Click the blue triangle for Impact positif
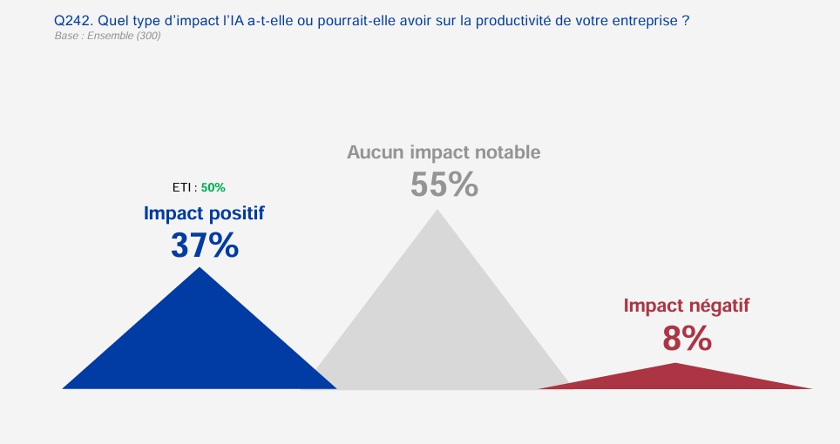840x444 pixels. point(200,342)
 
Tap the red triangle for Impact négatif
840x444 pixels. point(675,379)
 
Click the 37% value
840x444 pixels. point(205,246)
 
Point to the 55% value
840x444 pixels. point(444,185)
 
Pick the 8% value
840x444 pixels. point(687,339)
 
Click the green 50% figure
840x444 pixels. point(213,188)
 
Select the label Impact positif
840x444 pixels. point(204,213)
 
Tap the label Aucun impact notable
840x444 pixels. point(444,152)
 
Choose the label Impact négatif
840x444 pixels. point(687,306)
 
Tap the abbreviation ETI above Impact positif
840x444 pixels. point(181,188)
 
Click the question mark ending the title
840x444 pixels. point(686,21)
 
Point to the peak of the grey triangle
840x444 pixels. point(437,209)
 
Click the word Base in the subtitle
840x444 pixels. point(66,36)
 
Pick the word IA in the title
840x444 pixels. point(237,21)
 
